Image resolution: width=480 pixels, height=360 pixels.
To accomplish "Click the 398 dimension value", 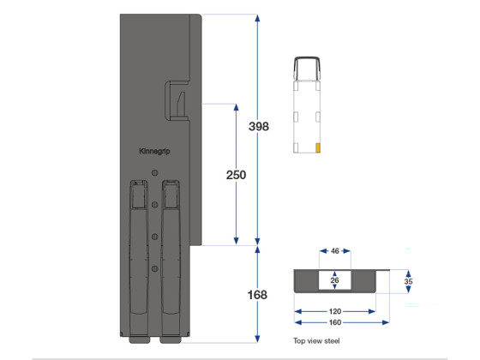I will [259, 126].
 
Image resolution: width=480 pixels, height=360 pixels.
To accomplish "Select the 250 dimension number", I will [236, 175].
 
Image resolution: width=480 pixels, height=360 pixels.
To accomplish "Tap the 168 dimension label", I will [257, 295].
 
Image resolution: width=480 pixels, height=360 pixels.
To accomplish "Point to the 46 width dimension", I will [335, 252].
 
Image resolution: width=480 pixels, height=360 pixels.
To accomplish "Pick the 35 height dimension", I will [409, 281].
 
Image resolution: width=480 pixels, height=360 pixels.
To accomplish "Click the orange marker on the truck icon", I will [318, 147].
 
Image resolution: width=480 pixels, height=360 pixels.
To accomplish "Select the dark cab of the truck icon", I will [307, 69].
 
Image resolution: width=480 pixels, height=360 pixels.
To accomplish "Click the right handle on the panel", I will [171, 257].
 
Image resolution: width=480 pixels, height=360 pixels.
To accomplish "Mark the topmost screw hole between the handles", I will [155, 174].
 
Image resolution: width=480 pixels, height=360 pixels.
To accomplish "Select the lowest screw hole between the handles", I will [155, 269].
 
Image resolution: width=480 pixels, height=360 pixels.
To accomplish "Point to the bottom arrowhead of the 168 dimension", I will [257, 340].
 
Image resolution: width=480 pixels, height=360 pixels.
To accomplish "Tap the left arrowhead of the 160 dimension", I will [297, 322].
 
